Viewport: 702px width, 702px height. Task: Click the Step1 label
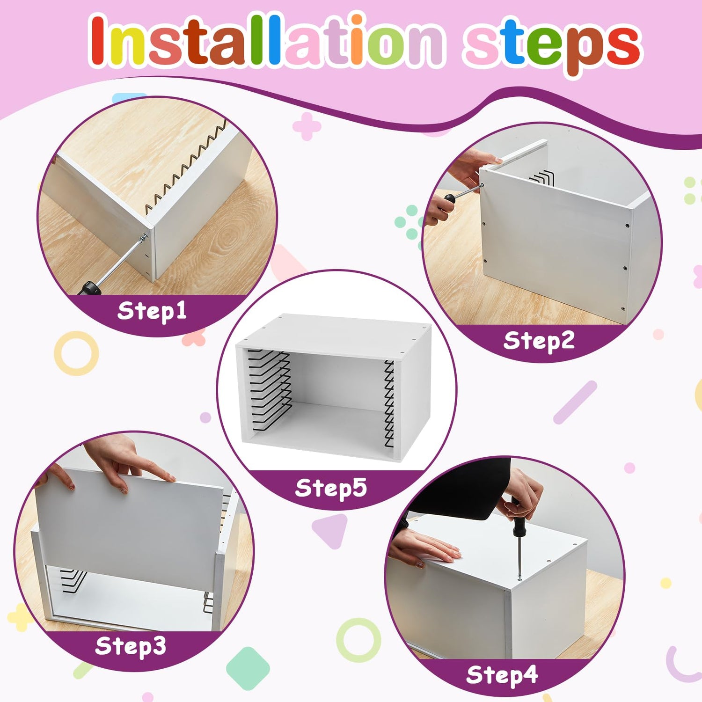tap(152, 311)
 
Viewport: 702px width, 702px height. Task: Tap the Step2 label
tap(539, 341)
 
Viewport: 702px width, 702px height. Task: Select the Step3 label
tap(131, 646)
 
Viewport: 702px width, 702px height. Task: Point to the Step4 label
tap(502, 675)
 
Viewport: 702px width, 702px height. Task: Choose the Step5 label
tap(331, 488)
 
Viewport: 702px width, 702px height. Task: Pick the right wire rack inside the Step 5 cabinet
tap(389, 403)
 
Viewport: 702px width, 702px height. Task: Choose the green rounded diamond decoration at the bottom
tap(248, 668)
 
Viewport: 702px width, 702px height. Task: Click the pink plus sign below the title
tap(307, 126)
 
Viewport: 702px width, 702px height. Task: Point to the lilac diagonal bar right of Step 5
tap(575, 402)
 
